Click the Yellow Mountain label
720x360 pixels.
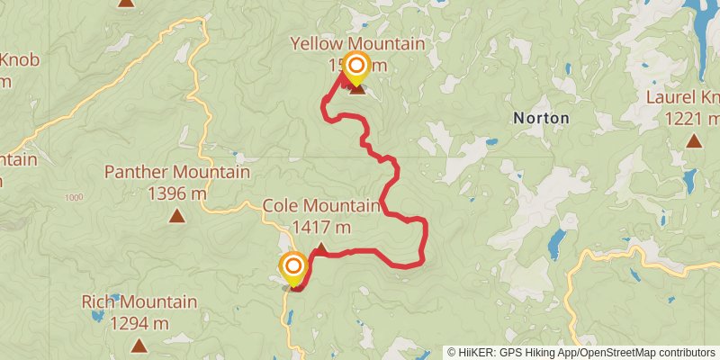(x=357, y=43)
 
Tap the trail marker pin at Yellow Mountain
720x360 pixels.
(x=357, y=67)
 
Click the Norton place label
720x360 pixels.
(x=540, y=118)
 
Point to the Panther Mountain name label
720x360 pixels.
(x=177, y=172)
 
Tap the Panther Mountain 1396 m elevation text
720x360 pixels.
(x=177, y=192)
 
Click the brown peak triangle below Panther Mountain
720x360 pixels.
(x=177, y=215)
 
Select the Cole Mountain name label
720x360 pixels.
(x=321, y=206)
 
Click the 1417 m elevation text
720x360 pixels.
(x=321, y=227)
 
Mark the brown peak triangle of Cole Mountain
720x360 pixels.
(x=319, y=248)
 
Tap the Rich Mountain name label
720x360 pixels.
(x=139, y=302)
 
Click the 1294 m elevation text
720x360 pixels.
(x=139, y=322)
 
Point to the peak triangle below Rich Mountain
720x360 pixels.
(x=139, y=345)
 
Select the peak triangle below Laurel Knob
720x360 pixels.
(x=693, y=140)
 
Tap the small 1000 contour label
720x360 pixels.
(x=74, y=197)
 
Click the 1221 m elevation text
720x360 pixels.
(x=692, y=118)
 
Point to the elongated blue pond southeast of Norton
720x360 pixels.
(x=557, y=242)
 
